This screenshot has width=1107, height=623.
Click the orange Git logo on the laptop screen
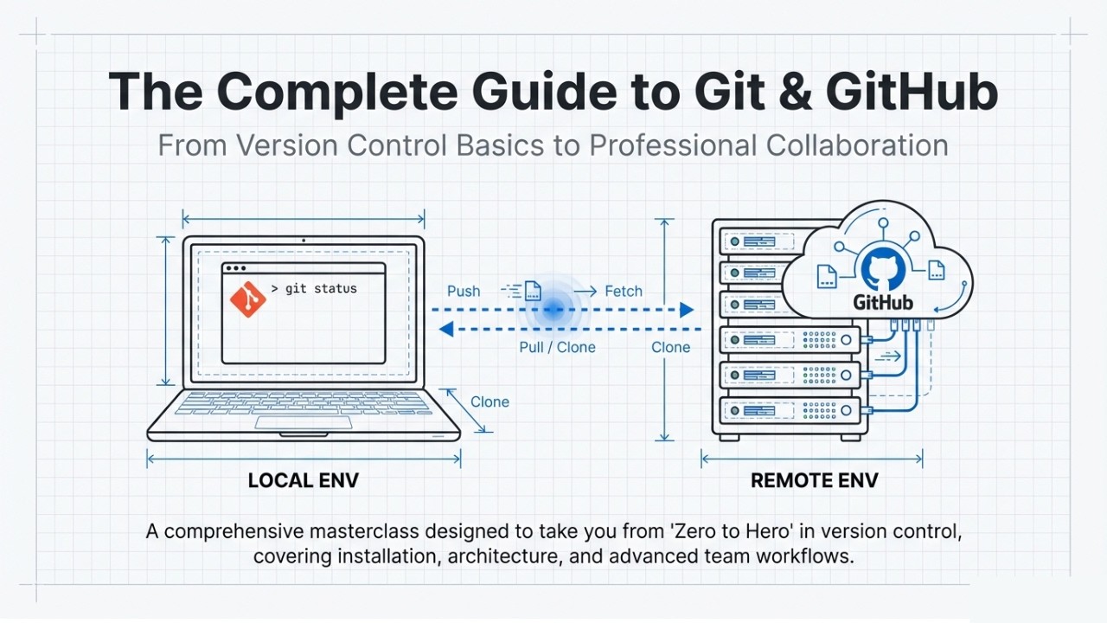pos(247,299)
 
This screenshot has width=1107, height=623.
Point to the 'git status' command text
pos(314,289)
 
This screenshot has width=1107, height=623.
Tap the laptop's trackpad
pos(303,422)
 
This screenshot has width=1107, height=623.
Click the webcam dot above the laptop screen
pos(303,241)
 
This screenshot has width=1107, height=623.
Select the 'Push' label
pos(464,292)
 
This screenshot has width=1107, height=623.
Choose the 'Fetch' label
pos(624,292)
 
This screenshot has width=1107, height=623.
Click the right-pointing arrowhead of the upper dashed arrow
pos(687,310)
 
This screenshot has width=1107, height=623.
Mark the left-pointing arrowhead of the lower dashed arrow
pos(446,329)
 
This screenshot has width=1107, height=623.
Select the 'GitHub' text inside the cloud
pos(883,304)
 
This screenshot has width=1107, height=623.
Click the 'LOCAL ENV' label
pos(303,481)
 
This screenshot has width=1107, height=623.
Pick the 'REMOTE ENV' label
pos(814,481)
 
